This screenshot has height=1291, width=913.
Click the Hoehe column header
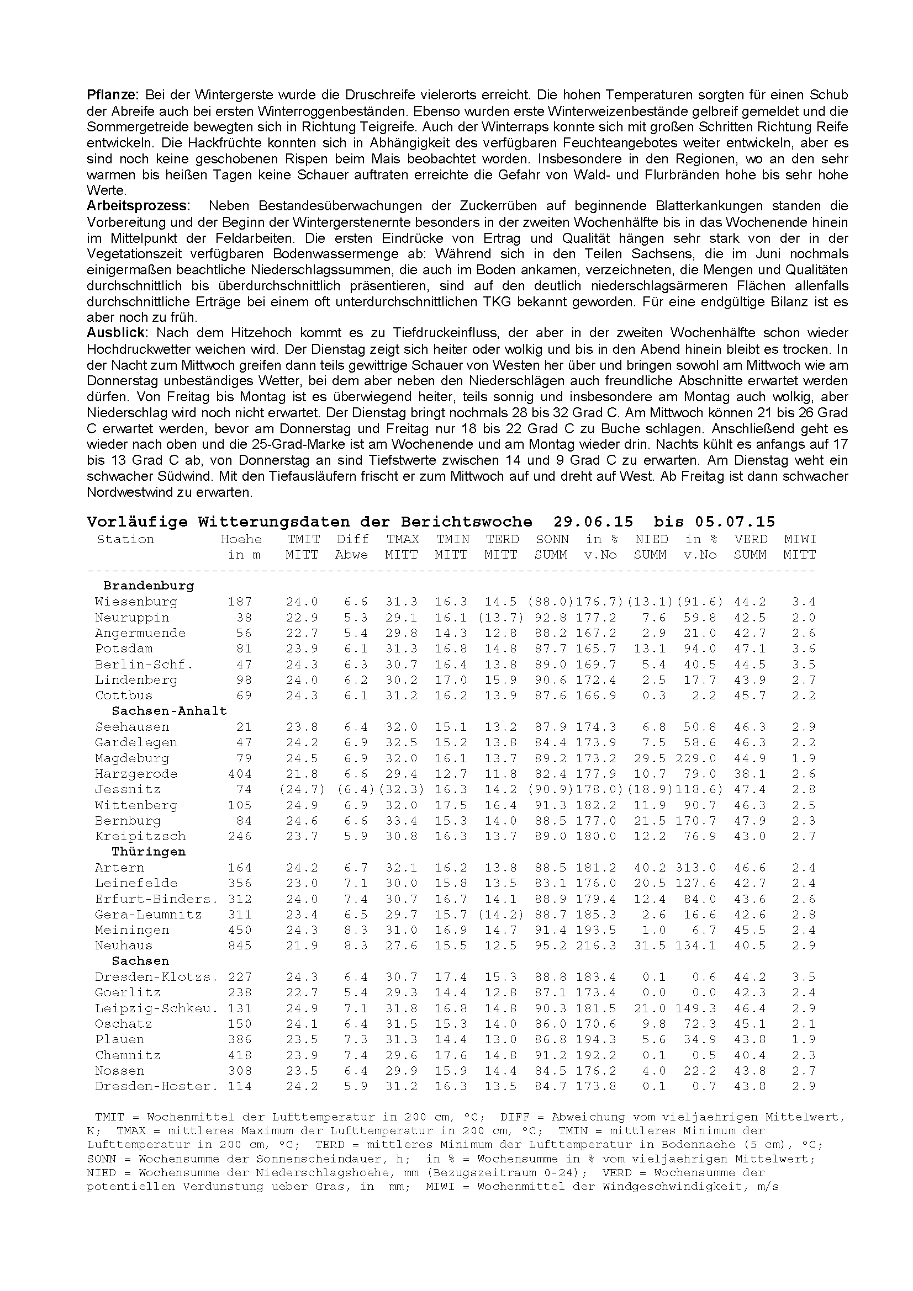tap(241, 539)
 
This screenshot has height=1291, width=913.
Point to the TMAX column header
tap(402, 539)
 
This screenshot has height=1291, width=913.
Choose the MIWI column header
tap(800, 539)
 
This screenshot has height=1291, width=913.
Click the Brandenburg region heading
tap(149, 586)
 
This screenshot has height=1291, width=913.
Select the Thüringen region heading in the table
tap(149, 851)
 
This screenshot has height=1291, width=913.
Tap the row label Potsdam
tap(124, 649)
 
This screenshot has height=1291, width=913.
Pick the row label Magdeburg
tap(131, 758)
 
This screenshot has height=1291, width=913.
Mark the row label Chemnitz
tap(128, 1055)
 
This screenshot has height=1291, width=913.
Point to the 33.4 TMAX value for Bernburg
tap(402, 820)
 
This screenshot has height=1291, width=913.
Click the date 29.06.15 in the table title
tap(593, 521)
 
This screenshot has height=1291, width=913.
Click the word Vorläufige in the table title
tap(138, 521)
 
